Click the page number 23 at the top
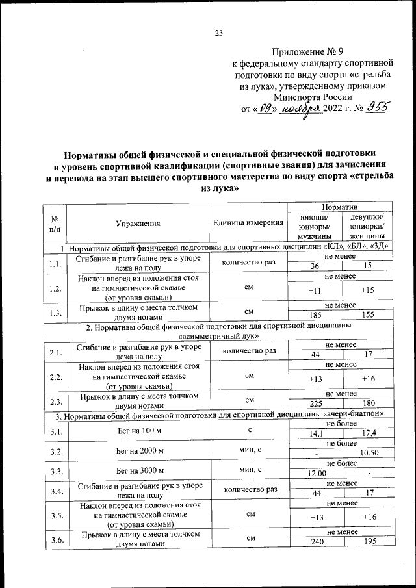tap(218, 34)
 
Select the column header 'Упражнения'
tap(138, 223)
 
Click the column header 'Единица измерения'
tap(248, 223)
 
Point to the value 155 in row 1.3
tap(368, 314)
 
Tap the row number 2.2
tap(55, 376)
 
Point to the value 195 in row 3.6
tap(368, 542)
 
